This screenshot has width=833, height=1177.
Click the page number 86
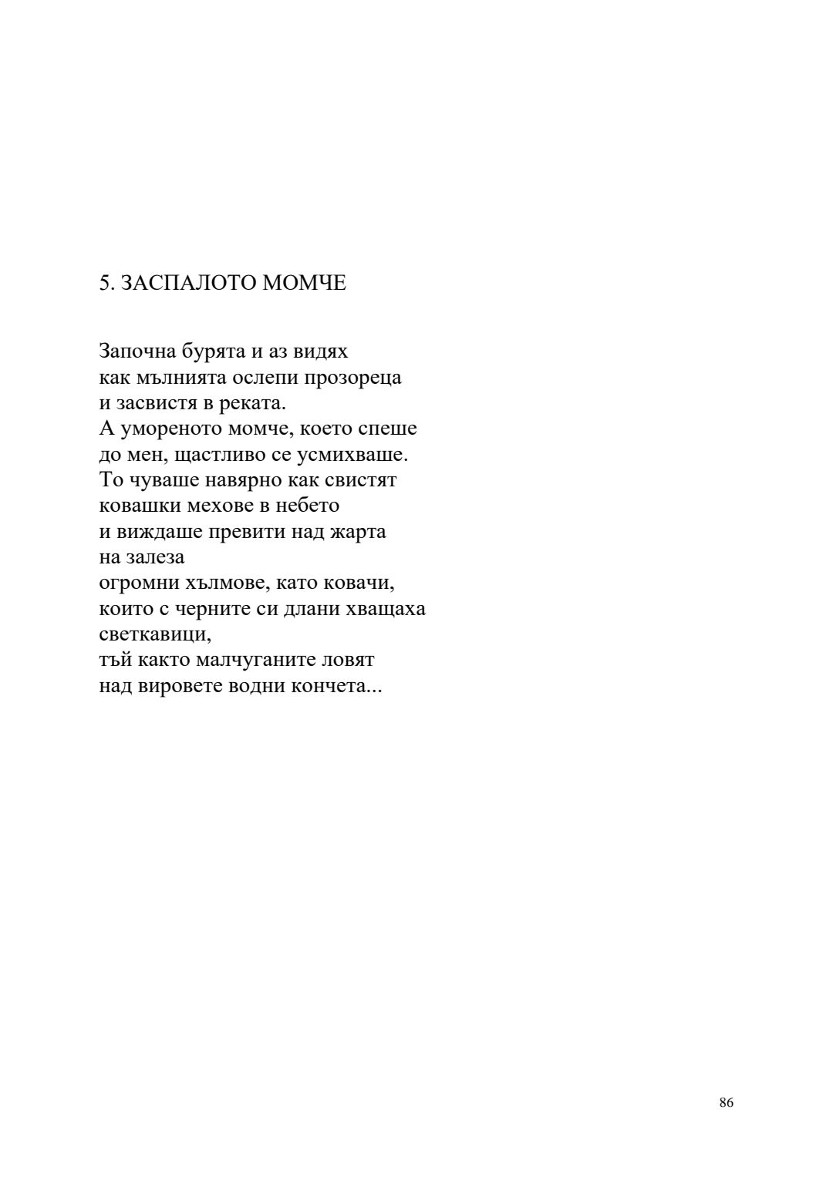point(726,1102)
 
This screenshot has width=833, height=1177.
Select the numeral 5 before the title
point(104,283)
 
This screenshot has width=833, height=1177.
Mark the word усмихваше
point(361,455)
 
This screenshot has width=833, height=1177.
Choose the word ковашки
point(136,506)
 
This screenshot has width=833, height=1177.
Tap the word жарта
point(359,532)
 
